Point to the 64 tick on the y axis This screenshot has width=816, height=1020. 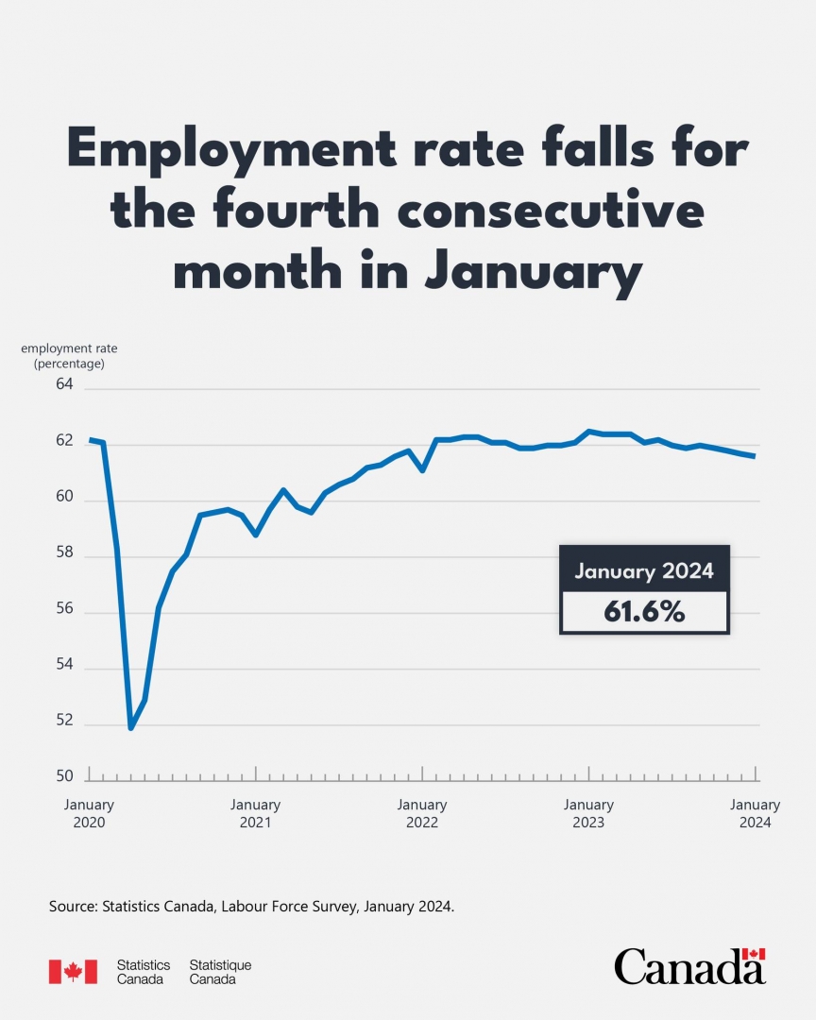64,384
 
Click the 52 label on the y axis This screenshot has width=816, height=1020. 64,720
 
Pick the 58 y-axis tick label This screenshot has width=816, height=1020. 64,552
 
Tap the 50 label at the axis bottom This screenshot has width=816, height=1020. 64,776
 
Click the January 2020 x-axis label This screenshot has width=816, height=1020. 89,813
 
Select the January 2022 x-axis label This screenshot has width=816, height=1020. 422,813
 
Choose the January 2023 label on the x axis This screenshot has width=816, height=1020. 588,813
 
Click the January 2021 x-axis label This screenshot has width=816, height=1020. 255,813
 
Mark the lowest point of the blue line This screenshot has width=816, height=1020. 131,728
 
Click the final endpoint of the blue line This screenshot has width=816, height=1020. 755,456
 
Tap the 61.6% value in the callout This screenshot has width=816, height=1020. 644,612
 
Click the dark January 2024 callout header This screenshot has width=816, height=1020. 644,570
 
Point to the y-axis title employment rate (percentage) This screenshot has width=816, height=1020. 69,355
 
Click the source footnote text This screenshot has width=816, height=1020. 252,907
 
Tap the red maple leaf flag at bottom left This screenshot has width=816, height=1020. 73,972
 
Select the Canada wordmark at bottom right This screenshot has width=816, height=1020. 689,966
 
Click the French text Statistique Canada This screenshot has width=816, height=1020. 220,972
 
